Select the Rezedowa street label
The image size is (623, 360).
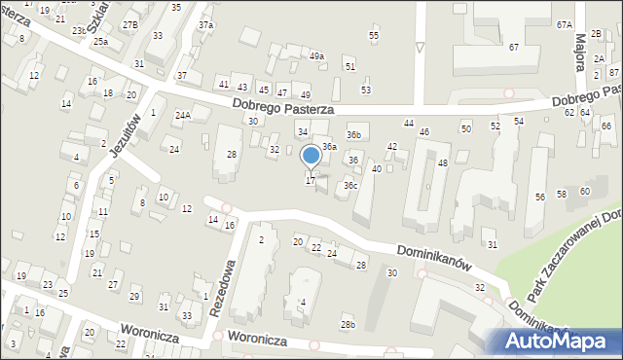[x=223, y=287]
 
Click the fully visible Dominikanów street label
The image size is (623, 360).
[x=433, y=256]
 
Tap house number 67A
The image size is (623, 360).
[x=564, y=24]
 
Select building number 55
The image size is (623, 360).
[x=374, y=35]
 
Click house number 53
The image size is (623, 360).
[x=366, y=90]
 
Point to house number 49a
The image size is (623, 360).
[x=316, y=56]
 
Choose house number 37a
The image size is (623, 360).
[x=205, y=24]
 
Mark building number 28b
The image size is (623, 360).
[x=348, y=324]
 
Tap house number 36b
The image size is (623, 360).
[x=354, y=134]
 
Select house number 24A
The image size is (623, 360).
[x=182, y=115]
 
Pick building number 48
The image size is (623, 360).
[x=442, y=162]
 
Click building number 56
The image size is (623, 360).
[x=539, y=197]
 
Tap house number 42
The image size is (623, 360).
[x=392, y=146]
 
